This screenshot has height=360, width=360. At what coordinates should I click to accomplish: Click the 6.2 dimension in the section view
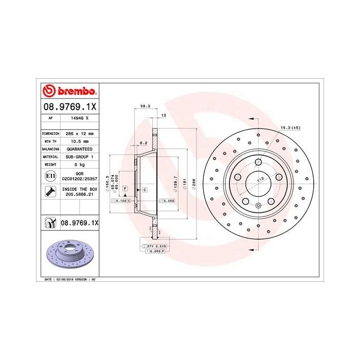(x=144, y=142)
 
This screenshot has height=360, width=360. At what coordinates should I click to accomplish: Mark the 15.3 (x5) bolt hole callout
(x=290, y=127)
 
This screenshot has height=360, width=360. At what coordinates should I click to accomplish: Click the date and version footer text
(x=67, y=279)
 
